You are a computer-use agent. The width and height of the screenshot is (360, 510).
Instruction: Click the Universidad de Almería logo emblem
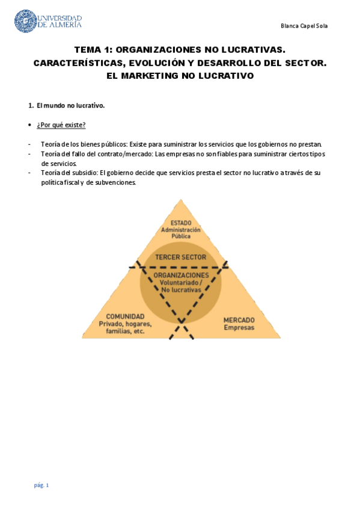pyautogui.click(x=25, y=21)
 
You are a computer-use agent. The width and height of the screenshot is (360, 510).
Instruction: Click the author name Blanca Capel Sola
pyautogui.click(x=304, y=26)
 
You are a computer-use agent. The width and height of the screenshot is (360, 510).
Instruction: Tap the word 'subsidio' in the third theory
pyautogui.click(x=86, y=173)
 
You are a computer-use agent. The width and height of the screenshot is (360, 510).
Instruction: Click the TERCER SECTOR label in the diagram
pyautogui.click(x=180, y=257)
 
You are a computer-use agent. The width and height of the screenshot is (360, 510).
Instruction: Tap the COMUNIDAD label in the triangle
pyautogui.click(x=125, y=316)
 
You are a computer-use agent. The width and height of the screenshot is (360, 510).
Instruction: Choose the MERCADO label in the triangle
pyautogui.click(x=239, y=320)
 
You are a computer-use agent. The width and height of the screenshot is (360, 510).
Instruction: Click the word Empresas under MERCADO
pyautogui.click(x=239, y=328)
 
